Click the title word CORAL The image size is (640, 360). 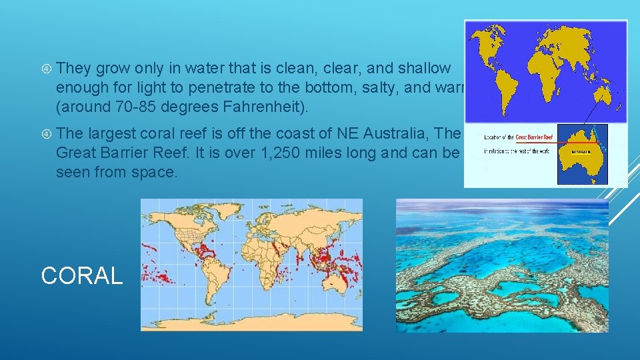coord(82,275)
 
